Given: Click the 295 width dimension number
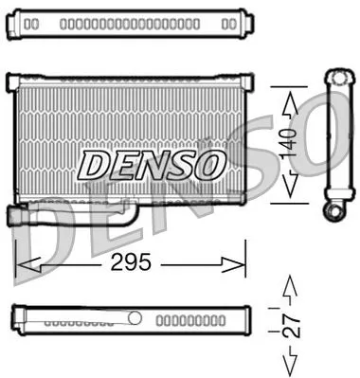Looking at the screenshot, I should point(131,262).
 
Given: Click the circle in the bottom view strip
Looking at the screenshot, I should point(135,318).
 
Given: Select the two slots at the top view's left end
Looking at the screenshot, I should point(30,22).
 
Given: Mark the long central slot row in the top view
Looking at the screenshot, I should point(128,22).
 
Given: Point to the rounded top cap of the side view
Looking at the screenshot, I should point(336,77).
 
